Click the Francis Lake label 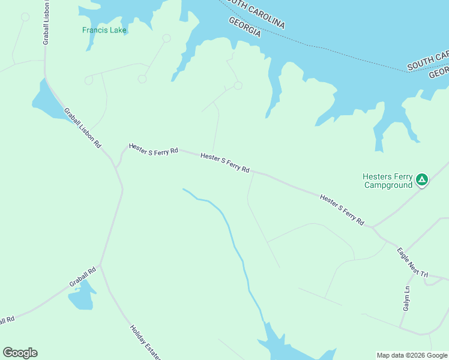coord(104,29)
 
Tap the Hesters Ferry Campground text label coord(387,181)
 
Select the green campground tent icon coord(422,179)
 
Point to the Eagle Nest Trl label coord(412,262)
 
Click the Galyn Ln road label coord(406,298)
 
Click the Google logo coord(20,353)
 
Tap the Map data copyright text coord(412,355)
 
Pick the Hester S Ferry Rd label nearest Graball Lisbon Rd coord(154,149)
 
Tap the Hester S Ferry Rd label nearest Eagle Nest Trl coord(342,209)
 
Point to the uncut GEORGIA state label coord(244,27)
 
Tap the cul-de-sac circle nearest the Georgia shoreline coord(238,86)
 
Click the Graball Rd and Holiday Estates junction coord(100,265)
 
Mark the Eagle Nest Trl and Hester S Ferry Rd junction coord(373,227)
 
